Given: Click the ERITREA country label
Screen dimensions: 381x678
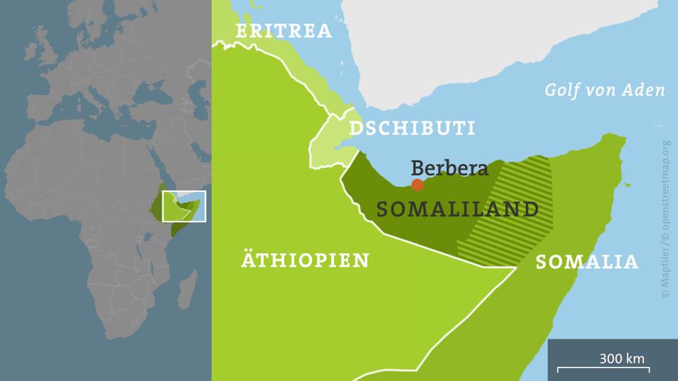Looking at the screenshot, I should click(284, 31).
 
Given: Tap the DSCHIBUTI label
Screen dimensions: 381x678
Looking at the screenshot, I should click(412, 128).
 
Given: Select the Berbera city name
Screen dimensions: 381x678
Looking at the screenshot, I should click(450, 169).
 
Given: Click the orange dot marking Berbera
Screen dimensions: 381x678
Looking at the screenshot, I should click(417, 185).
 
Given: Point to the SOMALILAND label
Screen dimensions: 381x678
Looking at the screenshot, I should click(458, 210).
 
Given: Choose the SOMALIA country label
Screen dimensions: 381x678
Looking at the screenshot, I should click(587, 262).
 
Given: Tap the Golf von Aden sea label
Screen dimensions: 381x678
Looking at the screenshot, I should click(605, 90).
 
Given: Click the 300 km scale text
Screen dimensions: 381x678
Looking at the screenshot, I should click(621, 358).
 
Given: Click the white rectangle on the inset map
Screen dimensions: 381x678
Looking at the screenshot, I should click(183, 206).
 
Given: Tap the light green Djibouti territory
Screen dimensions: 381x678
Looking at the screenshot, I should click(326, 145).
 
